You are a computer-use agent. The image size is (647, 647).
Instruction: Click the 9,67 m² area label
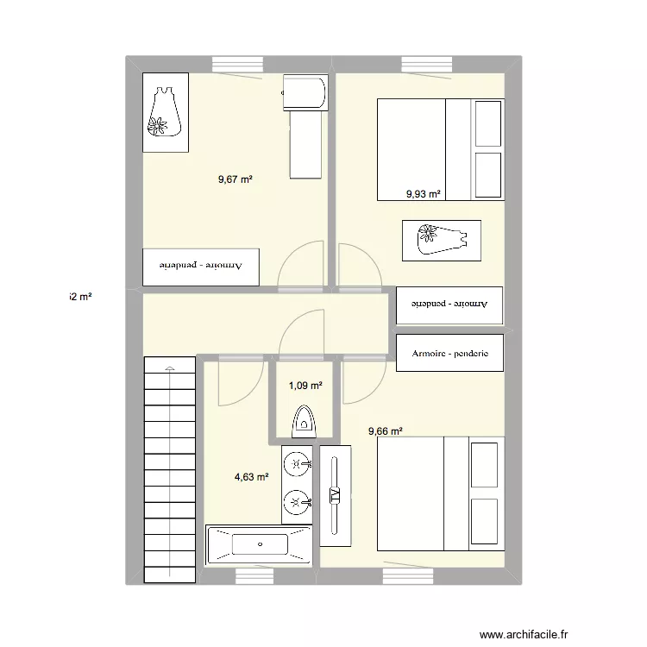click(x=235, y=179)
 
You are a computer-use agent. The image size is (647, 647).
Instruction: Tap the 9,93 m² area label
click(x=424, y=195)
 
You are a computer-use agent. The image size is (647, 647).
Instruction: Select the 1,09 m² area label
click(x=305, y=386)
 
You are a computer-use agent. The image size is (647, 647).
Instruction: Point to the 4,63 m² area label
click(x=251, y=475)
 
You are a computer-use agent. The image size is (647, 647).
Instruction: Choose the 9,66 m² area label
click(x=385, y=432)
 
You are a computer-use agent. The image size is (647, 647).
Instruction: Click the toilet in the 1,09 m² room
click(x=304, y=419)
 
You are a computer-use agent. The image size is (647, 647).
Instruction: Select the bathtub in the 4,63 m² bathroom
click(x=259, y=545)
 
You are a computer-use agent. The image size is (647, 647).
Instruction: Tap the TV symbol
click(x=336, y=495)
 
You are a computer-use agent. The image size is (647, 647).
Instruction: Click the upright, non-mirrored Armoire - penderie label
click(x=449, y=353)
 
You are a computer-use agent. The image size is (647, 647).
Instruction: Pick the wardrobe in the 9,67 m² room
click(x=200, y=267)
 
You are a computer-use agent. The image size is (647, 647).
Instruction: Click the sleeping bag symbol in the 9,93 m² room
click(x=440, y=240)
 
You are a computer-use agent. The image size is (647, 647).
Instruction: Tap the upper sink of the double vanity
click(x=298, y=464)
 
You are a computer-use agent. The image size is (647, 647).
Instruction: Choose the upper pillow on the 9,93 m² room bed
click(x=487, y=123)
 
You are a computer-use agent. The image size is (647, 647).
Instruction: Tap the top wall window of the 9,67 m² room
click(x=237, y=64)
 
